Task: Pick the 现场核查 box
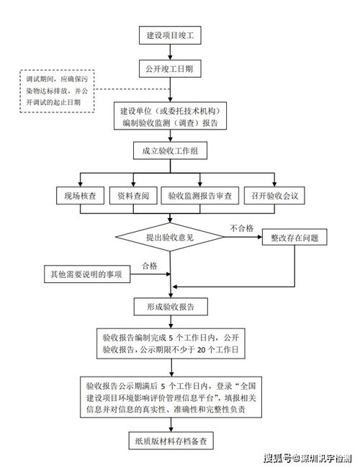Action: (x=81, y=195)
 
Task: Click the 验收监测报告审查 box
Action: (x=200, y=195)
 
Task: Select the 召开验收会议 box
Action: (x=276, y=195)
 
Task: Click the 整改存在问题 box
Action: (x=294, y=236)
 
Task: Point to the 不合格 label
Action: (x=241, y=228)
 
